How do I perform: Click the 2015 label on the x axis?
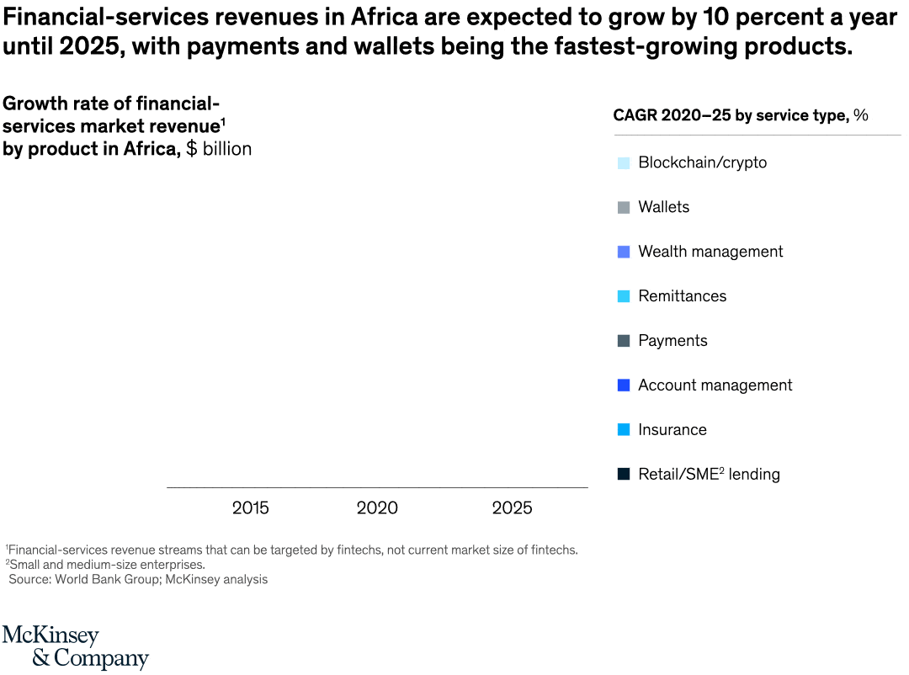click(x=251, y=508)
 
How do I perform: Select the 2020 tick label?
click(x=377, y=508)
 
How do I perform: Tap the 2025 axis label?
click(x=512, y=508)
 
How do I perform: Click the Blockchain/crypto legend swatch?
click(x=624, y=163)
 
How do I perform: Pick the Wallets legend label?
click(x=663, y=207)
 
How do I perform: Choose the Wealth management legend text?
click(x=710, y=252)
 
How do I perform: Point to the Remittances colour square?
click(x=624, y=296)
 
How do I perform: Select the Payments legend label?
click(x=672, y=341)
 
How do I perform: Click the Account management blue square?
click(x=624, y=385)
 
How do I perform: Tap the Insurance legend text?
click(x=672, y=430)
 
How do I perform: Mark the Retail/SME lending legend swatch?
click(x=624, y=475)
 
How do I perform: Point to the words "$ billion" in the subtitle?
click(x=219, y=149)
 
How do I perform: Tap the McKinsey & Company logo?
click(x=76, y=646)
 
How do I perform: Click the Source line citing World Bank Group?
click(x=138, y=579)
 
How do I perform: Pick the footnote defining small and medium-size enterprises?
click(x=106, y=565)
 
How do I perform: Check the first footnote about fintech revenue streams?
click(x=291, y=550)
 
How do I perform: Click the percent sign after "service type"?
click(x=860, y=116)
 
